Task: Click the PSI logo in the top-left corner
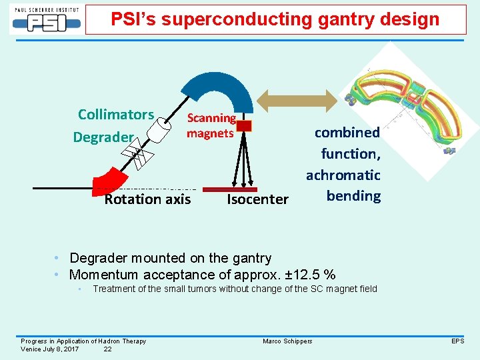(x=46, y=19)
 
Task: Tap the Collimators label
(x=116, y=114)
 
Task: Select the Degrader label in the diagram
(x=103, y=137)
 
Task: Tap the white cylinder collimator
(x=159, y=130)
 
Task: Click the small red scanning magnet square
(x=244, y=125)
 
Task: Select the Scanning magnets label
(x=211, y=125)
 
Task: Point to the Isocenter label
(x=257, y=199)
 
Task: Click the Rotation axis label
(x=147, y=199)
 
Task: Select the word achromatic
(x=343, y=175)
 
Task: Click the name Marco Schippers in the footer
(x=287, y=341)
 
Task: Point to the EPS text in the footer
(x=457, y=341)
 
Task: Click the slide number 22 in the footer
(x=107, y=349)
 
